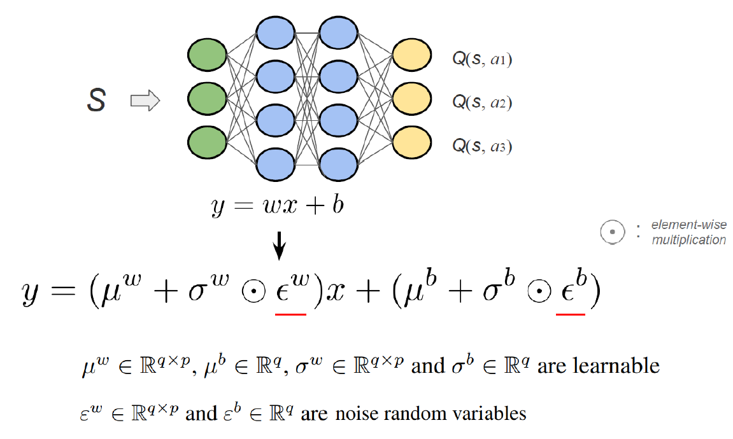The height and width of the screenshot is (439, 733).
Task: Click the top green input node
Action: [x=208, y=55]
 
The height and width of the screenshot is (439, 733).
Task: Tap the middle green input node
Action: [x=208, y=98]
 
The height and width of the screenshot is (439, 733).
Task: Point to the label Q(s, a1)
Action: [x=482, y=60]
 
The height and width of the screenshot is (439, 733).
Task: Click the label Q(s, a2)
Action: [x=482, y=102]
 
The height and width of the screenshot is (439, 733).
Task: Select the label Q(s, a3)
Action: [x=482, y=146]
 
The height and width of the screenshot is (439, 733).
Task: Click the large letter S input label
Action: [x=96, y=101]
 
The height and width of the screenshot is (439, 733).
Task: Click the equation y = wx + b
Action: [x=277, y=206]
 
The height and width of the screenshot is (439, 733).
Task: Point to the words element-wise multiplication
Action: [x=688, y=232]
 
